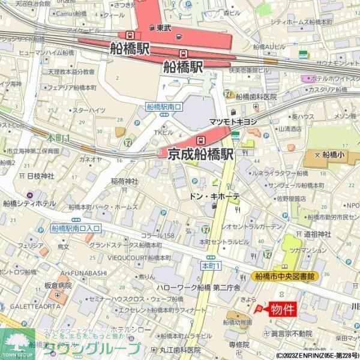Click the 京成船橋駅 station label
coord(200,154)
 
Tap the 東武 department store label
coord(164,28)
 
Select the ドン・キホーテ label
coord(215,196)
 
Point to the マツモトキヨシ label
coord(233,122)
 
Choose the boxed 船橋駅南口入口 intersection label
coord(76,228)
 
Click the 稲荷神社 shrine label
coord(124,181)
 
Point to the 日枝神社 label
coord(40,176)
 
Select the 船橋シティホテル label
coord(28,203)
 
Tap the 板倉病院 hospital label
coord(58,286)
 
